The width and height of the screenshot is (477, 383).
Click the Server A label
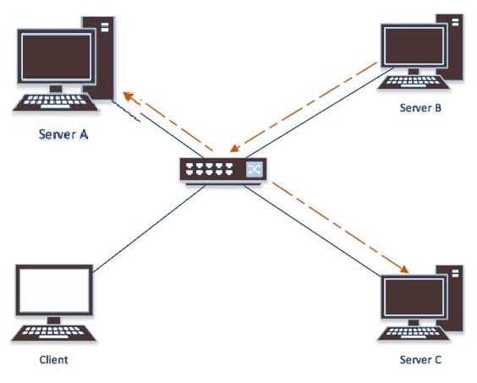point(63,134)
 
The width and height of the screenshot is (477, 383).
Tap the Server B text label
point(420,107)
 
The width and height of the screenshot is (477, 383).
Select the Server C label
point(420,359)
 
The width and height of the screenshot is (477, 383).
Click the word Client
point(53,359)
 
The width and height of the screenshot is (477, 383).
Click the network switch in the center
point(223,171)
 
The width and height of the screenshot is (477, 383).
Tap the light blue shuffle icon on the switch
point(255,169)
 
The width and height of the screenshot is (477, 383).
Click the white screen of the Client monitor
point(54,291)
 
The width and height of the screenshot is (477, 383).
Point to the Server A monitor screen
point(57,57)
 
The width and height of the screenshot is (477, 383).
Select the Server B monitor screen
point(414,46)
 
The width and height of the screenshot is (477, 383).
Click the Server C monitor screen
point(414,298)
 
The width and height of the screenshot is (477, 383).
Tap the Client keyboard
point(53,333)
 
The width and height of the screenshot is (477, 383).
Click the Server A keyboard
point(55,102)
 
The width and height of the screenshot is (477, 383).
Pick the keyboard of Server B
point(414,82)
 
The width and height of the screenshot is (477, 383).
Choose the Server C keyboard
point(414,333)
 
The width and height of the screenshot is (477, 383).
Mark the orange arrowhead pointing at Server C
point(404,269)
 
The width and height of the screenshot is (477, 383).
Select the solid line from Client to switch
point(149,229)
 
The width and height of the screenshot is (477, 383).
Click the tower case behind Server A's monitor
point(99,57)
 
